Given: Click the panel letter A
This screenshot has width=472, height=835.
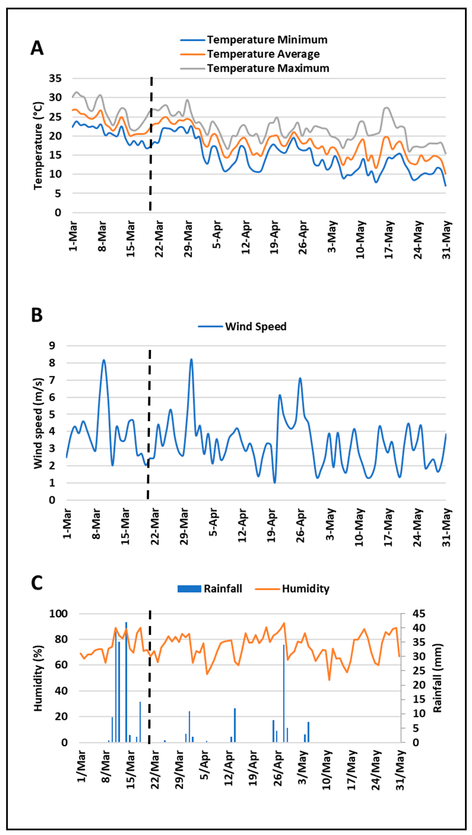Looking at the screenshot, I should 37,48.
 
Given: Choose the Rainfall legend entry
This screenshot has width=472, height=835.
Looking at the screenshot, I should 222,589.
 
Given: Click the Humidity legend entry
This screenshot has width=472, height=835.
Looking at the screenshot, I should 305,589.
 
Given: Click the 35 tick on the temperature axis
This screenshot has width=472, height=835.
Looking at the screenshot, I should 55,79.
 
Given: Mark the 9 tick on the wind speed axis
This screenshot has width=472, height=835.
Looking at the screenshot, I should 52,346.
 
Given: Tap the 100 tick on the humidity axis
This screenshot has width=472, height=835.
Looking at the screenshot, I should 58,613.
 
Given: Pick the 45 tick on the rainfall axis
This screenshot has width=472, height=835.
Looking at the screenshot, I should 419,613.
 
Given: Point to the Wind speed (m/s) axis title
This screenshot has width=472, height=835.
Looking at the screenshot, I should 38,423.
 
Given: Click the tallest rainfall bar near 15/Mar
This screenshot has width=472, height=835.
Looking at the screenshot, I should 126,681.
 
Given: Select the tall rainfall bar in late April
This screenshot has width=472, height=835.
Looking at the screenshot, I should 284,692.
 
